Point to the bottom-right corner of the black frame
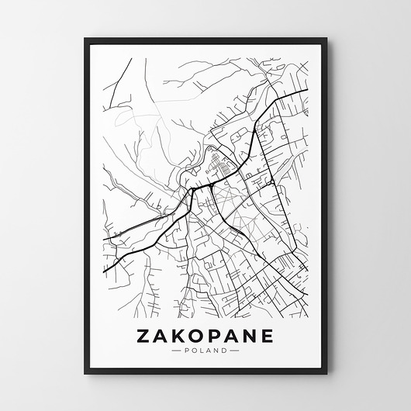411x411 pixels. pyautogui.click(x=326, y=373)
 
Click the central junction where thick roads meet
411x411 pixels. pyautogui.click(x=192, y=189)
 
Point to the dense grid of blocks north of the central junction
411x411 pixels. pyautogui.click(x=218, y=164)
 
